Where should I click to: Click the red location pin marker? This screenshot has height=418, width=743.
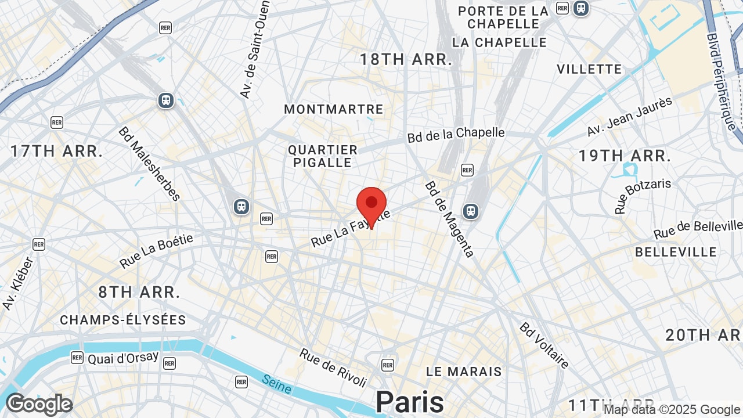[371, 207]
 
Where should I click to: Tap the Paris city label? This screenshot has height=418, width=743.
[409, 402]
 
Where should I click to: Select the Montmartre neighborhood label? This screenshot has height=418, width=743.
[334, 109]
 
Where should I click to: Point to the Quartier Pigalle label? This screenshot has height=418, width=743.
[323, 156]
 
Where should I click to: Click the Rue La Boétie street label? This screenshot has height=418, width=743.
[156, 251]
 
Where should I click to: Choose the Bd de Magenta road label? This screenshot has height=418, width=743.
[450, 219]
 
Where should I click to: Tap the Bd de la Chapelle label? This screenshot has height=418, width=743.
[456, 134]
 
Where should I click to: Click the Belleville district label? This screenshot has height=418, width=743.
[676, 252]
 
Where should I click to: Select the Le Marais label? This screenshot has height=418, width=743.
[464, 372]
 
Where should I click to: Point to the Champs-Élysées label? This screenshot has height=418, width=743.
[123, 320]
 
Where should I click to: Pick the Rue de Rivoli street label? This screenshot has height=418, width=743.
[334, 368]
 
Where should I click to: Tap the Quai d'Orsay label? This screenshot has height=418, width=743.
[123, 358]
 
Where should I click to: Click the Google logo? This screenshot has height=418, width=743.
[39, 404]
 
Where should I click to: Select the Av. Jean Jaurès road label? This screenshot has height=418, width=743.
[629, 117]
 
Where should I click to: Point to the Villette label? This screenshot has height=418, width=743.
[589, 69]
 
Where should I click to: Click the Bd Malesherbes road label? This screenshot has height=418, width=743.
[150, 164]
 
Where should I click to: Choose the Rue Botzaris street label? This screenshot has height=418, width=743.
[643, 196]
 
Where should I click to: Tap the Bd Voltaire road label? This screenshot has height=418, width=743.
[544, 345]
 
